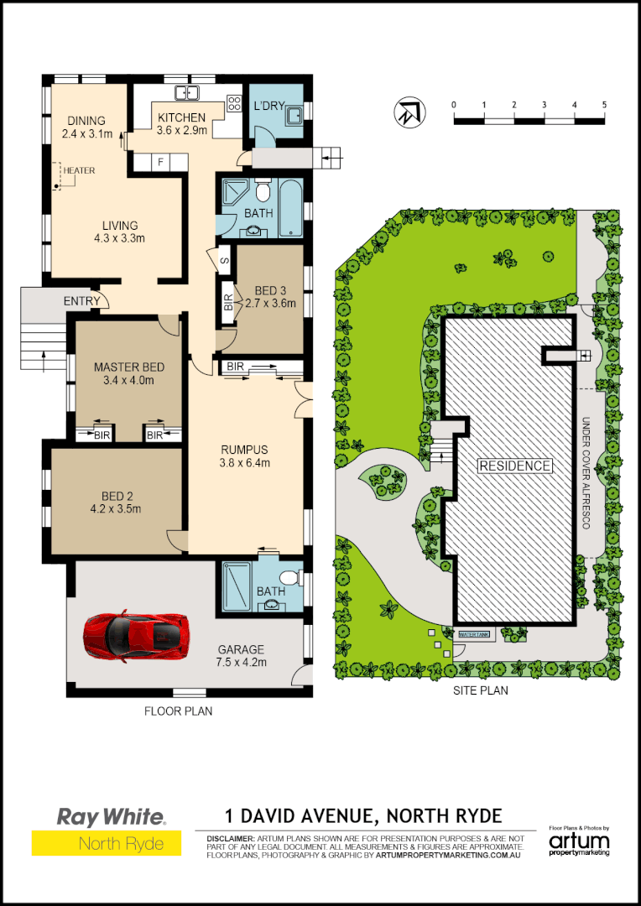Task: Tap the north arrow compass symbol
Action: [409, 112]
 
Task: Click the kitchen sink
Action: [185, 93]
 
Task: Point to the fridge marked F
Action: [160, 162]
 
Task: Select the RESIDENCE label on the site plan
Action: [515, 466]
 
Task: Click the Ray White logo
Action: [111, 815]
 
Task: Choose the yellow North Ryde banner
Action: [107, 843]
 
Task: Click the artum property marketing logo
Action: [579, 841]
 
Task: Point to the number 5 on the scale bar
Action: [604, 104]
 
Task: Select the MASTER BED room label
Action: [129, 367]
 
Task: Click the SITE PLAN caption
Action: [480, 691]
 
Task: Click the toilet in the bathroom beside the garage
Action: [289, 577]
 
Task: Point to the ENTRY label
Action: [81, 301]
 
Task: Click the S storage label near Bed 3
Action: [225, 260]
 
